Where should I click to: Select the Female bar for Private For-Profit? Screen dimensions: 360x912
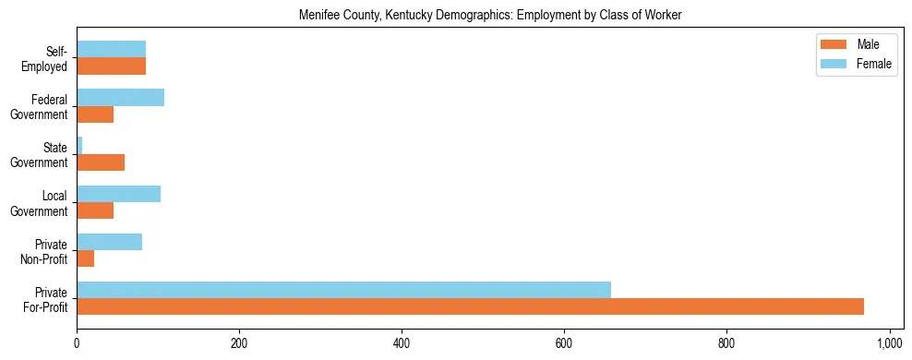click(x=343, y=290)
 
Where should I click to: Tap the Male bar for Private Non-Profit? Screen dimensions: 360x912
click(x=86, y=258)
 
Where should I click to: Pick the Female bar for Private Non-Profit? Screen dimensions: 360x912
click(x=109, y=242)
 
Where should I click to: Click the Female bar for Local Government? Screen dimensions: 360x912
click(x=118, y=194)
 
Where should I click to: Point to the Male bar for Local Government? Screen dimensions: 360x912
click(x=95, y=210)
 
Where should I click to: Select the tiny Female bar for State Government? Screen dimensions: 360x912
click(x=79, y=146)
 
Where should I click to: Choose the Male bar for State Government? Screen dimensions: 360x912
click(x=101, y=162)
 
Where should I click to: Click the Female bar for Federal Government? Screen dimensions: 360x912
click(x=120, y=98)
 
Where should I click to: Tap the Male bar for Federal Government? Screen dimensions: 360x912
click(x=95, y=114)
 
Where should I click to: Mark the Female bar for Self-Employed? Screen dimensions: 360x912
click(x=111, y=50)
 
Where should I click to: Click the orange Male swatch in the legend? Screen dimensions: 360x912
click(x=833, y=44)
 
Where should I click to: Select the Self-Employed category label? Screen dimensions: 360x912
click(x=47, y=58)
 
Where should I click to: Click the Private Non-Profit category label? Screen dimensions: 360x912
click(x=44, y=250)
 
